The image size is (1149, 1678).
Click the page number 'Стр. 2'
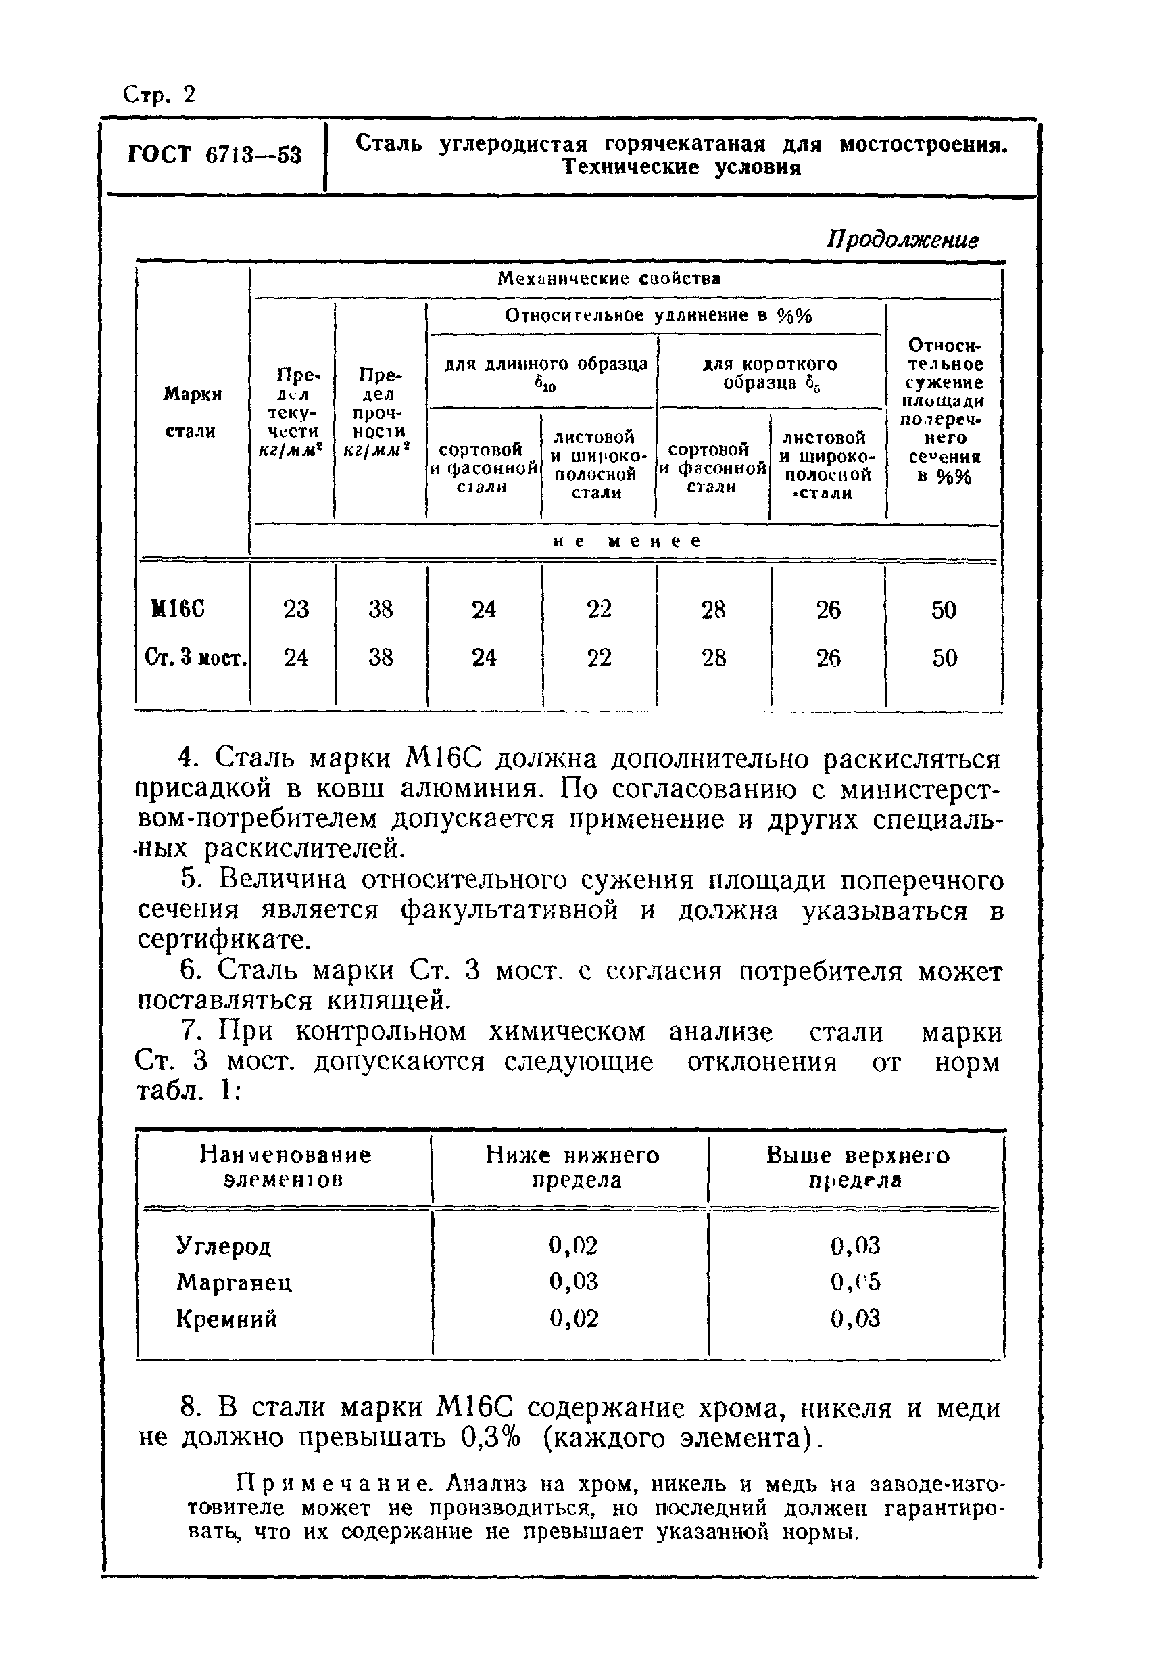coord(160,95)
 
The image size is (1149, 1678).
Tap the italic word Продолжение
coord(902,239)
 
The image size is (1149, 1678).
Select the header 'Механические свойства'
coord(609,279)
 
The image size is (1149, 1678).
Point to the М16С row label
coord(178,609)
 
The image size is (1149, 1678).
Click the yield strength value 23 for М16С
coord(295,609)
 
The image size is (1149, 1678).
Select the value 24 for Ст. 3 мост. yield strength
coord(295,658)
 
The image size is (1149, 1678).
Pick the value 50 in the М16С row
coord(944,610)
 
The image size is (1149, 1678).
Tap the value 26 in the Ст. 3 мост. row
coord(828,658)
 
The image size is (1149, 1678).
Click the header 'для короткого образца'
coord(769,373)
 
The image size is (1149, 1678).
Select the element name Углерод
coord(224,1246)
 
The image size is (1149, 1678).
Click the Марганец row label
coord(234,1282)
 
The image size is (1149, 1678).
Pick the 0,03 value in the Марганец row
coord(574,1282)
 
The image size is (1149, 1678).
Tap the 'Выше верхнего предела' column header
coord(857,1167)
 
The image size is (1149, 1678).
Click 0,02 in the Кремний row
coord(574,1319)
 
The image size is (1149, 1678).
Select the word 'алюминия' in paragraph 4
coord(476,789)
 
